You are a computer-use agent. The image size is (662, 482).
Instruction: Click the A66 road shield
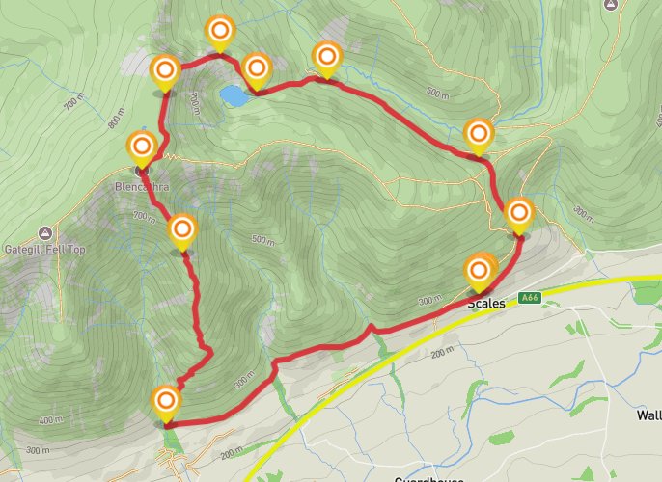click(x=528, y=298)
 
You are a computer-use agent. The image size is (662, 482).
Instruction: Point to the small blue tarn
click(x=233, y=95)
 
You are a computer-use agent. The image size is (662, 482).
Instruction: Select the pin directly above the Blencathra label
click(x=142, y=148)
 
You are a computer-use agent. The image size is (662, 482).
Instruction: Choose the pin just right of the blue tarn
click(x=256, y=67)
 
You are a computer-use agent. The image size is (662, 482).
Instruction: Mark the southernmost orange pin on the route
click(x=166, y=400)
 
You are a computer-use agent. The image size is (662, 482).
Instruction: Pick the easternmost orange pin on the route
click(x=519, y=213)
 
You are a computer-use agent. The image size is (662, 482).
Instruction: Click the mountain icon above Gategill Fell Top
click(x=44, y=233)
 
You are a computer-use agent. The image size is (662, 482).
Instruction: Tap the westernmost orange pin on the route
click(x=142, y=148)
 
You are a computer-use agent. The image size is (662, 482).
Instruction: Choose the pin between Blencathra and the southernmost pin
click(x=182, y=230)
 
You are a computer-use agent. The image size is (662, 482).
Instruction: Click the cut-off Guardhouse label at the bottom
click(x=430, y=478)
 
